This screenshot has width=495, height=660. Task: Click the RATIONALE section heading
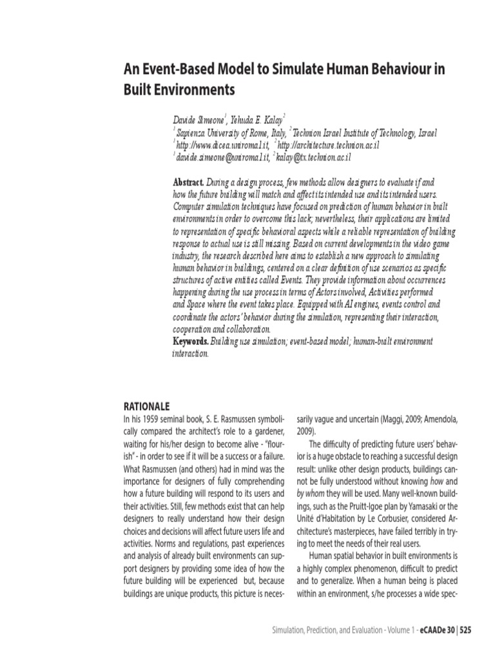click(x=146, y=406)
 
